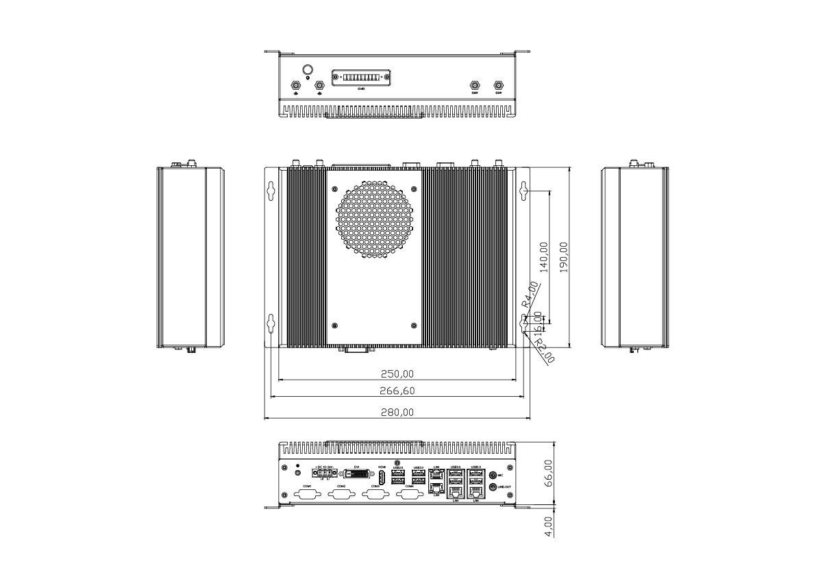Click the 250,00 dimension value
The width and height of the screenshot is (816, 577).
coord(397,374)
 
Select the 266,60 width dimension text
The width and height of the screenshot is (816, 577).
coord(397,391)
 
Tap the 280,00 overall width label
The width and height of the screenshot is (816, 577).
coord(397,413)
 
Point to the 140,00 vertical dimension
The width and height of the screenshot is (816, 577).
coord(544,257)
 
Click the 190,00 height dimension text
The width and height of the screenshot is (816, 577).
coord(564,257)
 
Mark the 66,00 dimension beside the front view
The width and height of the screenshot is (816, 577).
coord(547,474)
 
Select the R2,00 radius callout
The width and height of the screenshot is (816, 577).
coord(544,350)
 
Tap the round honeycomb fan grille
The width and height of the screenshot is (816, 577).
coord(375,219)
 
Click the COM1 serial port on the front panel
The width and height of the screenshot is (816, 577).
coord(306,495)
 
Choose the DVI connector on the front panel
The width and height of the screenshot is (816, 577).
coord(357,475)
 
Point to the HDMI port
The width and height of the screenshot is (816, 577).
coord(382,476)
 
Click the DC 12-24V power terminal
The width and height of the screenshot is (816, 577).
coord(323,473)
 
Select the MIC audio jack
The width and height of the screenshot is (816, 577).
coord(493,474)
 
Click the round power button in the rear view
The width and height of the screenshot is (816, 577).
coord(308,70)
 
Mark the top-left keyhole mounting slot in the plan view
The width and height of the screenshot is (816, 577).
coord(271,189)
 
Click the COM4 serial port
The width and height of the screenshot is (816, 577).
coord(410,495)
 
